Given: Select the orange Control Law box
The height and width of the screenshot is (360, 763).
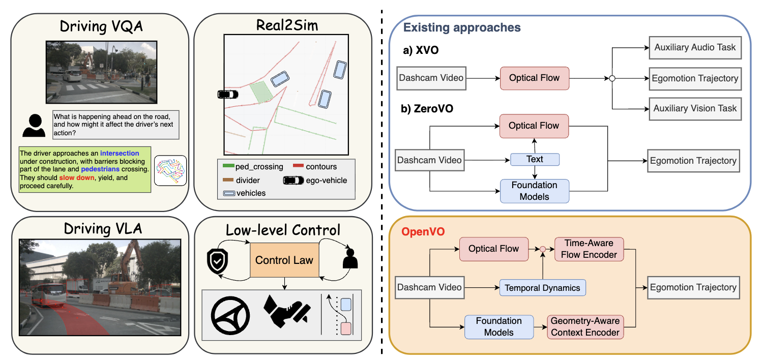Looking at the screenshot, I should (284, 260).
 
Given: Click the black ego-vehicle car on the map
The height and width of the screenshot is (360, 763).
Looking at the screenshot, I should (227, 94).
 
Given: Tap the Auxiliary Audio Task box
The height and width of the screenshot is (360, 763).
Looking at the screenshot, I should (695, 48).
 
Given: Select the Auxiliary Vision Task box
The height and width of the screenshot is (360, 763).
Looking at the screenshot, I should (695, 108).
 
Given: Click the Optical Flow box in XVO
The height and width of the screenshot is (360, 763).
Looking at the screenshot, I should (534, 78).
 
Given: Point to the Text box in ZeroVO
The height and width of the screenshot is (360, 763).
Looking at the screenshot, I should (535, 159).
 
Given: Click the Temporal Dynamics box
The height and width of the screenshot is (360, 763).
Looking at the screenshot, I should (542, 288).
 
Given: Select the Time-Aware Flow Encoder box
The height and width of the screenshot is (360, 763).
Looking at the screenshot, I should (589, 249).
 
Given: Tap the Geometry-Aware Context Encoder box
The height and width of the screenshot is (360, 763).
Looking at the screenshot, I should (585, 327).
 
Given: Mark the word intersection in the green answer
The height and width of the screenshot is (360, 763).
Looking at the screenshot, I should (120, 152).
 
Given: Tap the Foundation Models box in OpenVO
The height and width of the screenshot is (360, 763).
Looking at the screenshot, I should (498, 327).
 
